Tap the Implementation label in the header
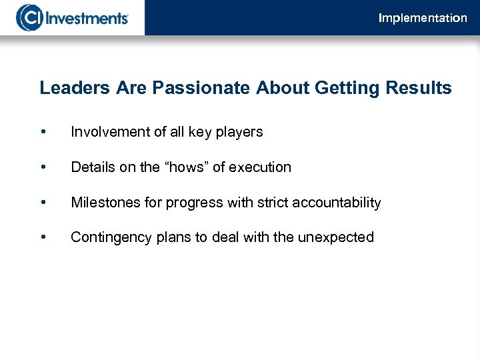423,18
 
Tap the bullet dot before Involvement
43,133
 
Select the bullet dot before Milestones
43,203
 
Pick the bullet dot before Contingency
43,237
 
